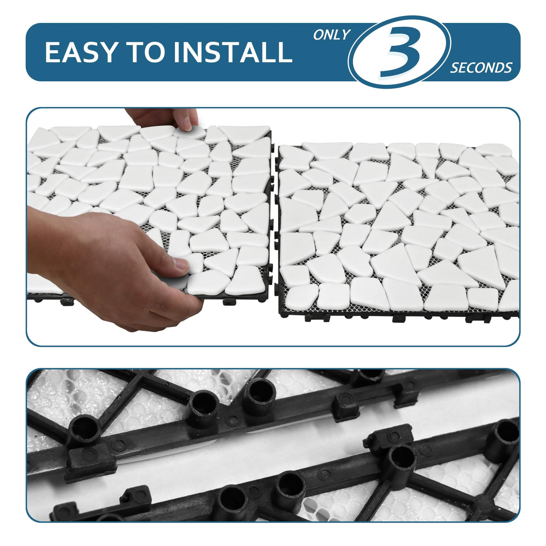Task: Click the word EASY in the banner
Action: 81,52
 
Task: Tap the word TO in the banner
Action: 145,52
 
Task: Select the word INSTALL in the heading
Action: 233,52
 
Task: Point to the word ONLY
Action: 332,35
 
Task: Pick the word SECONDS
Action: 481,68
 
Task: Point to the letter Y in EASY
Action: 106,52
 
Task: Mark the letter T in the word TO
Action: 134,52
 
